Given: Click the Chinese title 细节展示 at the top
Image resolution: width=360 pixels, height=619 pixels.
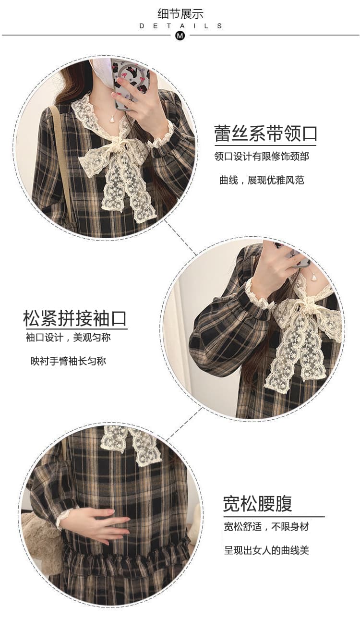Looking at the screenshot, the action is point(180,14).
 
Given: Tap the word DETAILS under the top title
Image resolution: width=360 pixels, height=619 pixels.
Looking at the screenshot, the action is point(180,26).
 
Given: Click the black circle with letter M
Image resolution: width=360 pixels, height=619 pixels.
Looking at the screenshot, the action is point(180,36).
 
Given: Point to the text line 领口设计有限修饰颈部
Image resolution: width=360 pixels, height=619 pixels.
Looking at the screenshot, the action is point(262,157).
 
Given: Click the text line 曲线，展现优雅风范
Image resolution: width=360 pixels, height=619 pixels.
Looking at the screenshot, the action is point(262,181).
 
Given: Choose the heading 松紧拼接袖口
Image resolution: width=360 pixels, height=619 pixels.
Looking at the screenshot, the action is point(75,318).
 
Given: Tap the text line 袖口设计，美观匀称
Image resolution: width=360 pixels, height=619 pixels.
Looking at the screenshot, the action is point(68,338).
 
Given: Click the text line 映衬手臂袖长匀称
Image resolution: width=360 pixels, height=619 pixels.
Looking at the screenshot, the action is point(68,361).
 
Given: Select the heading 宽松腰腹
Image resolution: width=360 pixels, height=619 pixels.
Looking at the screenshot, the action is point(257,504).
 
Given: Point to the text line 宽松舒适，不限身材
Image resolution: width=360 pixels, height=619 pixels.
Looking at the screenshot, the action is point(266,527).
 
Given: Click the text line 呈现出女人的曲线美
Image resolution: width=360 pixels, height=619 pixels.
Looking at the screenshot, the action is point(266,550).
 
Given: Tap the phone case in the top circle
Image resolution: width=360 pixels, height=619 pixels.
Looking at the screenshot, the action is point(130,83).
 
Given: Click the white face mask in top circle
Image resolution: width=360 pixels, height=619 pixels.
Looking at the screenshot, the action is point(102,72).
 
